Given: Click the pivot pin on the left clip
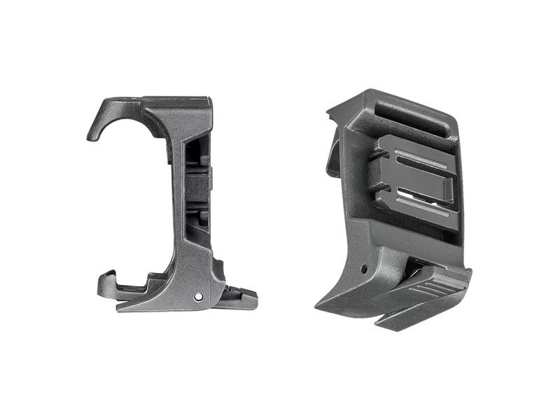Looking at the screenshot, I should pos(199,295).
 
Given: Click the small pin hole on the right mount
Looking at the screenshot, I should pos(363,268).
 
